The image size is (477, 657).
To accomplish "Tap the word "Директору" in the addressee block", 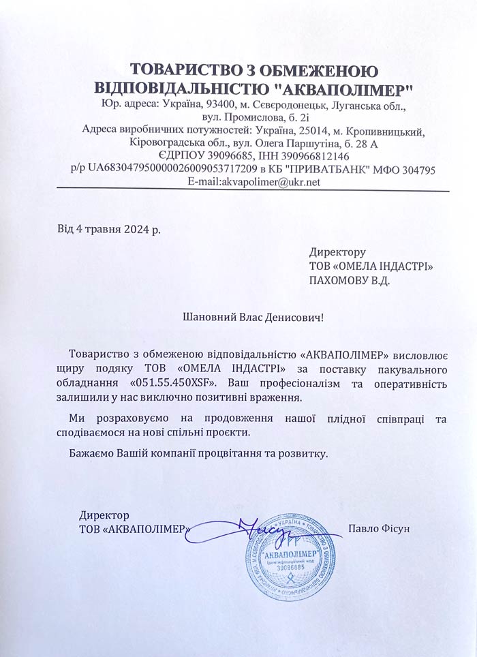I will tap(337, 251).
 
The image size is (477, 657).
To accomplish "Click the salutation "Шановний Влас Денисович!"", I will tap(254, 317).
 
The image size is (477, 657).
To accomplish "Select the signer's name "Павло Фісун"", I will tap(378, 528).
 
